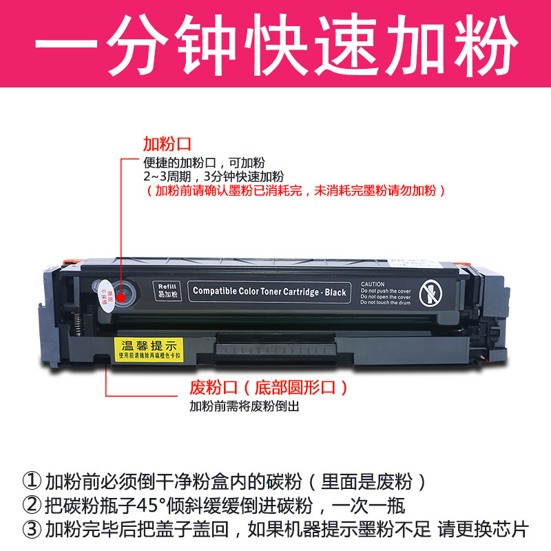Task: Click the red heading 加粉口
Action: click(x=167, y=145)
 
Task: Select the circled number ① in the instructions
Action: click(x=32, y=481)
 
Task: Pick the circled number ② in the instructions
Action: click(x=32, y=506)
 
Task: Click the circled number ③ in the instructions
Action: click(x=32, y=530)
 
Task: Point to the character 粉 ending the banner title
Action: click(x=483, y=43)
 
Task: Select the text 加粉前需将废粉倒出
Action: click(x=245, y=406)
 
